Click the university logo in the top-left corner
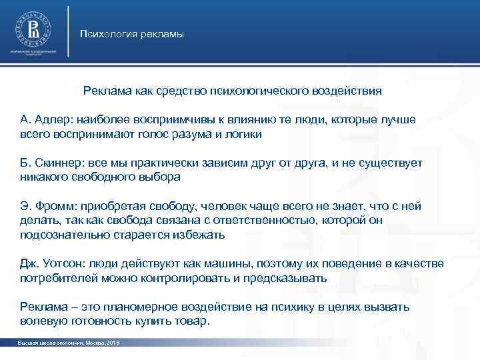coord(33,27)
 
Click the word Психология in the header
coord(105,34)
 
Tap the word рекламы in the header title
coord(159,34)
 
